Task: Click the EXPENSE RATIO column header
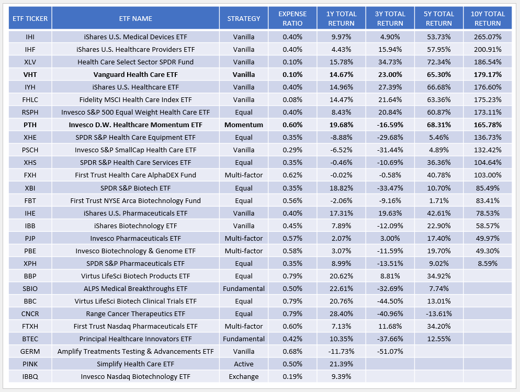coord(292,18)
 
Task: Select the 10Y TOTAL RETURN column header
coord(487,18)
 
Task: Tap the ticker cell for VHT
coord(30,74)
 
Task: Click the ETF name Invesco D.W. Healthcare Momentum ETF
coord(135,125)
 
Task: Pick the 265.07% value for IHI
coord(487,37)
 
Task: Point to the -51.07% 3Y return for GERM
coord(390,351)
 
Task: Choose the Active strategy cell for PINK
coord(243,364)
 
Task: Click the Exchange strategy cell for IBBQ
coord(243,376)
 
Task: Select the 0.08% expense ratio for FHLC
coord(292,99)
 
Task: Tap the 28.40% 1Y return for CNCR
coord(341,313)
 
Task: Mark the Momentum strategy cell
coord(243,125)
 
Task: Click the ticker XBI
coord(30,187)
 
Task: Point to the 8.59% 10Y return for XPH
coord(487,263)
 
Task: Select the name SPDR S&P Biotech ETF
coord(135,187)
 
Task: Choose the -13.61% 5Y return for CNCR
coord(438,313)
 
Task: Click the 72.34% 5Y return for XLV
coord(438,62)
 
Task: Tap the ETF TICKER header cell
coord(30,18)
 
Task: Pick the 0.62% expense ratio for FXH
coord(292,175)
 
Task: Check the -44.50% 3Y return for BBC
coord(390,301)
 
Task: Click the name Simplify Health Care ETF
coord(135,364)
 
